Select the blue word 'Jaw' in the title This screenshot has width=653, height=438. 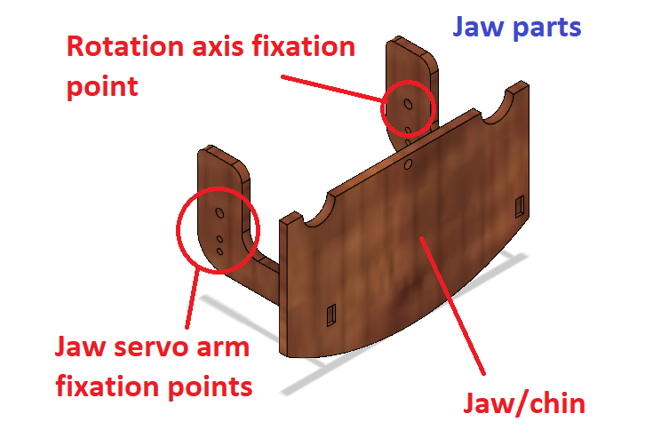point(477,28)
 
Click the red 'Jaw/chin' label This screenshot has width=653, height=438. point(524,404)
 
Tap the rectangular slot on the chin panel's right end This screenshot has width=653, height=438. point(519,206)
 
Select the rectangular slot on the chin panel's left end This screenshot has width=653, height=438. point(331,314)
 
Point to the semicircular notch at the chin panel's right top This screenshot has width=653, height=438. point(503,108)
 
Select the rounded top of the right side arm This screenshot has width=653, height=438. point(408,49)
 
